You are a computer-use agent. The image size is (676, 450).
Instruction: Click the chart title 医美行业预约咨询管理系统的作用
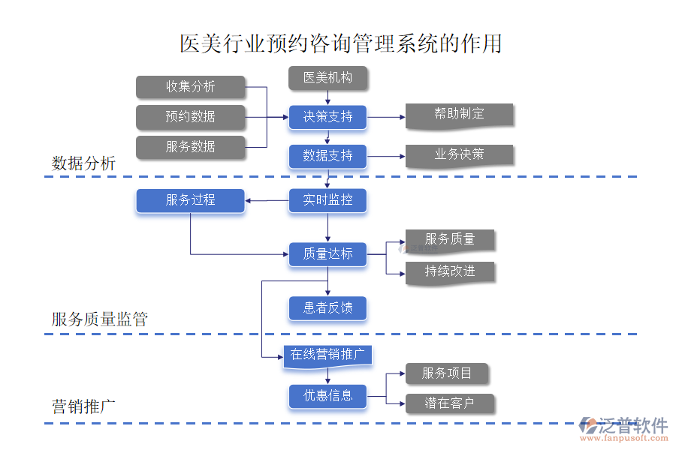coord(340,43)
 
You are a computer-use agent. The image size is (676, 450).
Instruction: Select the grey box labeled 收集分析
coord(191,87)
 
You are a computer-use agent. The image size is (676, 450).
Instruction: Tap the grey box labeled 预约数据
coord(191,117)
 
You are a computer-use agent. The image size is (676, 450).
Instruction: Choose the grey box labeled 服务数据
coord(191,147)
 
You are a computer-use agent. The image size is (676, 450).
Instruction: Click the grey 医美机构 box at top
coord(327,78)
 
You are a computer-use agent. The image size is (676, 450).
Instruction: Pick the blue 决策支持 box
coord(327,117)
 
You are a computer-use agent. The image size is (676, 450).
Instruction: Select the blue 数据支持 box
coord(327,156)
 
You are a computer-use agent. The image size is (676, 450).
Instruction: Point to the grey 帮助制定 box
coord(459,115)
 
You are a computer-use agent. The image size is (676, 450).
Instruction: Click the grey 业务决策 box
coord(459,155)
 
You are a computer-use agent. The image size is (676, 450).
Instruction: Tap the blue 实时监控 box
coord(327,200)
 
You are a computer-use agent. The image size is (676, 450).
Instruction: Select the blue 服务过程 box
coord(191,200)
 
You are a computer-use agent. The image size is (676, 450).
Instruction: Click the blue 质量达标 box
coord(327,254)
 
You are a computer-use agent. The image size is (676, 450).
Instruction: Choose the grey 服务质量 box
coord(450,240)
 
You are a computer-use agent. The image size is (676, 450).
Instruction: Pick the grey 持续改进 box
coord(450,271)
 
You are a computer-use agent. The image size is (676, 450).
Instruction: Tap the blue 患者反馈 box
coord(327,308)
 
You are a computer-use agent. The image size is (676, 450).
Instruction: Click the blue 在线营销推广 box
coord(327,355)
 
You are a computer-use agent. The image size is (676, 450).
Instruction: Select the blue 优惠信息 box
coord(327,396)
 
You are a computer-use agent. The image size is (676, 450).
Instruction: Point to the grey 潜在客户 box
coord(450,403)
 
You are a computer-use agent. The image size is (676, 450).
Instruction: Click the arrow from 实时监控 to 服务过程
coord(267,200)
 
